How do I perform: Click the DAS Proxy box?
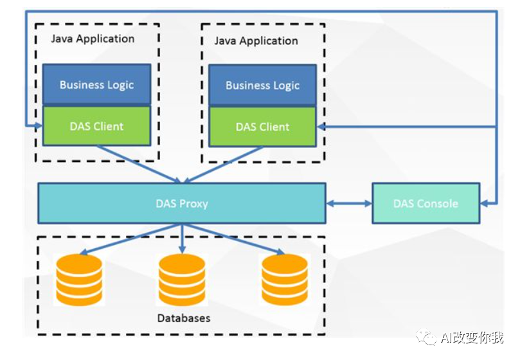pos(181,204)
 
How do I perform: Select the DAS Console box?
pos(426,204)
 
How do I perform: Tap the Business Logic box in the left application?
pos(96,85)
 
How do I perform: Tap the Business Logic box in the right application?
pos(262,85)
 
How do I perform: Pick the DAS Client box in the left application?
pos(96,126)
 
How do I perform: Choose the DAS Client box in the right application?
pos(262,127)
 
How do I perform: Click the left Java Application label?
pos(93,39)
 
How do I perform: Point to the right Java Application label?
pos(256,40)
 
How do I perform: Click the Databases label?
pos(183,318)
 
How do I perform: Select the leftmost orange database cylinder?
pos(79,279)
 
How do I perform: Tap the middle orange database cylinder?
pos(182,279)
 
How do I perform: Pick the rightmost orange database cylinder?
pos(285,279)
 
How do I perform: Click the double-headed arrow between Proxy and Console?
pos(348,204)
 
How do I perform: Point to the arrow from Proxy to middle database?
pos(182,238)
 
